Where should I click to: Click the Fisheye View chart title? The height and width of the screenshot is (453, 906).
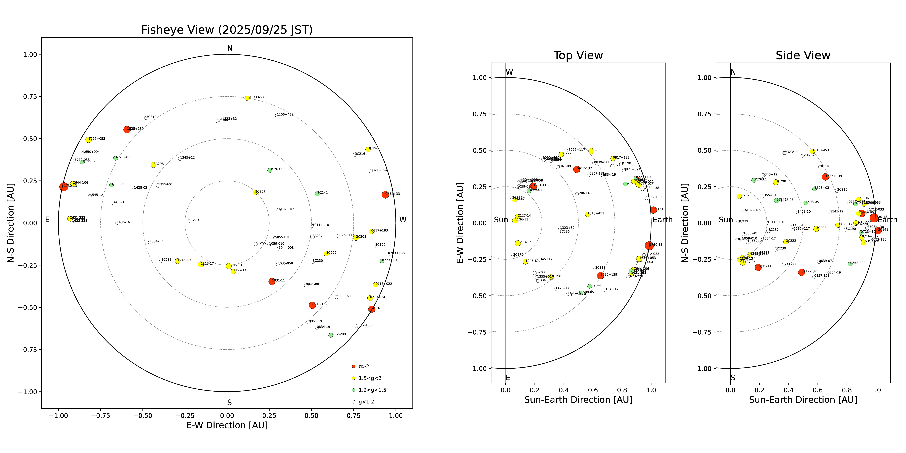227,30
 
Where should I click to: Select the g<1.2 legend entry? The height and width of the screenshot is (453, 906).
366,402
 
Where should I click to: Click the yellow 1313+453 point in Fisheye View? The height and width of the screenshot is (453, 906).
247,98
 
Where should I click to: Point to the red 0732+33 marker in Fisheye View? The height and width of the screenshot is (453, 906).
385,194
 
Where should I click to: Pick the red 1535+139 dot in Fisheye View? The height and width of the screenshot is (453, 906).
127,129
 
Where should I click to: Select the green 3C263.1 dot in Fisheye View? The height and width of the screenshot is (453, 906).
270,170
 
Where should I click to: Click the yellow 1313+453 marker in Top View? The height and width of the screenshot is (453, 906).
587,214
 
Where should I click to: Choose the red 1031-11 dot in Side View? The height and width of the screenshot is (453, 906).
758,267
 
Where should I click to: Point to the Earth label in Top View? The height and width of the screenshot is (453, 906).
662,220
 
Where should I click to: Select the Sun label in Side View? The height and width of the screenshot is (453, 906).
726,220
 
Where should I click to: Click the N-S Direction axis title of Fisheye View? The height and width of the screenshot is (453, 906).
11,223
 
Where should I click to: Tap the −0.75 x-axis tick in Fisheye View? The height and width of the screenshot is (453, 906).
101,415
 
